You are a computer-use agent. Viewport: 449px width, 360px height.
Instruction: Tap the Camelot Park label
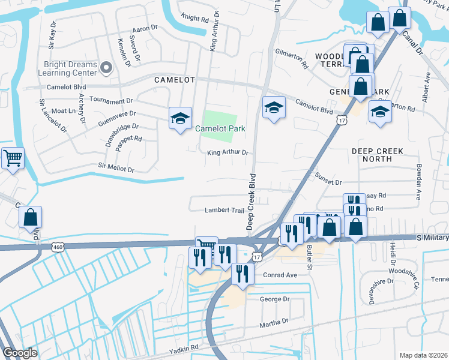[218, 128]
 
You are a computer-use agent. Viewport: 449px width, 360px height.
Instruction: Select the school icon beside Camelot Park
[179, 118]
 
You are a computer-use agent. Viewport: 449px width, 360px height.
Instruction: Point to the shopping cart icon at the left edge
[12, 158]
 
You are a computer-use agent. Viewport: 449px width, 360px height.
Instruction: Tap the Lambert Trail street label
[225, 210]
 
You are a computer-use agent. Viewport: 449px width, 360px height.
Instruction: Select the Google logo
[20, 353]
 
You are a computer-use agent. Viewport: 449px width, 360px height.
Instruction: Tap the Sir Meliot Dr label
[116, 169]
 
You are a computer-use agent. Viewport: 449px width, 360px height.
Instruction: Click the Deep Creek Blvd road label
[252, 202]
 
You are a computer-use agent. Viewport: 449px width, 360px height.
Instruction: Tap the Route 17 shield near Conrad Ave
[257, 257]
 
